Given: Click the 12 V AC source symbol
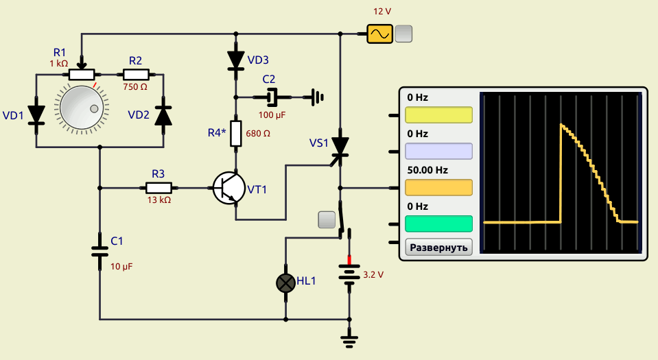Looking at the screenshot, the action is tap(380, 34).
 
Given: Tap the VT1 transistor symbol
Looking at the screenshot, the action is tap(228, 188).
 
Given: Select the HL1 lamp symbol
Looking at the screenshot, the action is tap(286, 283).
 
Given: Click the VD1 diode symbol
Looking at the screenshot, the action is tap(36, 115).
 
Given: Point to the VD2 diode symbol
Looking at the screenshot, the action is tap(163, 115).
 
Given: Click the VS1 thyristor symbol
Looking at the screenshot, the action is tap(340, 147).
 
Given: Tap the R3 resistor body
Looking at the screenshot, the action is tap(158, 188).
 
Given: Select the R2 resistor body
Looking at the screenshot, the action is tap(136, 75).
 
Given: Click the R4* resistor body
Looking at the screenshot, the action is tap(236, 134).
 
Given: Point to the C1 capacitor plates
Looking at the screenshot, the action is tap(100, 252).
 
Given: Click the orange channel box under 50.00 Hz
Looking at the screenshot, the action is tap(438, 188).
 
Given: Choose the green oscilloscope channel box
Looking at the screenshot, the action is tap(438, 224).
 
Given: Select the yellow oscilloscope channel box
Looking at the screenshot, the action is tap(438, 115).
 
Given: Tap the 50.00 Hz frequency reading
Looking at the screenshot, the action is tap(427, 170).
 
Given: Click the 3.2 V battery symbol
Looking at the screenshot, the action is tap(349, 274).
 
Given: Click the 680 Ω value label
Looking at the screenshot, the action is tap(258, 134).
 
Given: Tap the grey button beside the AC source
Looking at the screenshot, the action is tap(403, 34).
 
